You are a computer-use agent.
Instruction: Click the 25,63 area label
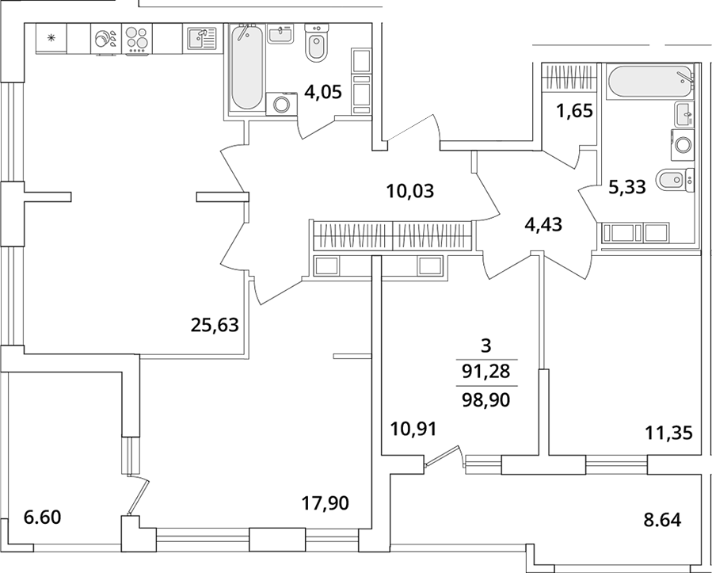point(215,326)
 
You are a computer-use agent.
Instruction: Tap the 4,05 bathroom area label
point(323,93)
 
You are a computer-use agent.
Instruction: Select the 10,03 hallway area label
point(410,191)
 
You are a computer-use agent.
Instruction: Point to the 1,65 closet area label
point(575,111)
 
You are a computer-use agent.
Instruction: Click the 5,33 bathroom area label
point(627,187)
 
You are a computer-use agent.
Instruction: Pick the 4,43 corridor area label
point(543,224)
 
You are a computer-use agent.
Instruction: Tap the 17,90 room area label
point(326,503)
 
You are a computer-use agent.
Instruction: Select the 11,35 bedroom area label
point(669,433)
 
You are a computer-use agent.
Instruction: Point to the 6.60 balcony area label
point(42,517)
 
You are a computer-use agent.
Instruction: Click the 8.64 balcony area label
point(663,520)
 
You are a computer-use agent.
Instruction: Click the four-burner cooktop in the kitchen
point(137,39)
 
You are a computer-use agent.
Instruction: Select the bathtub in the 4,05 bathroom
point(246,67)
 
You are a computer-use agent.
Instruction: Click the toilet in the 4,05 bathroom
point(316,43)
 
